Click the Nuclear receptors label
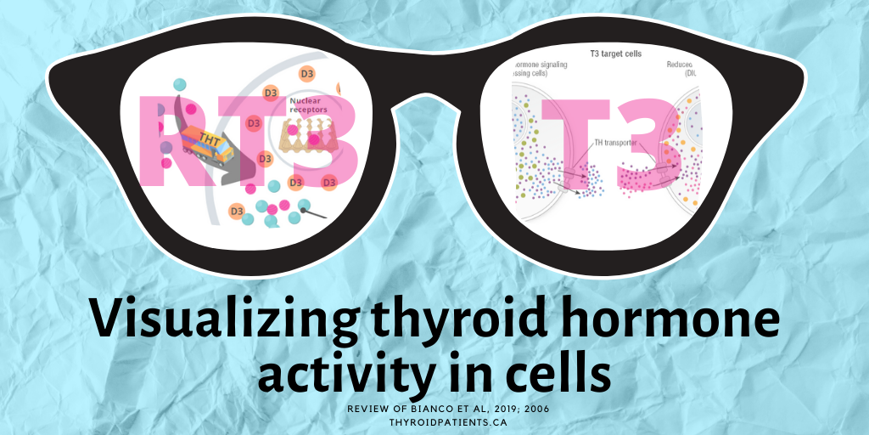(x=310, y=105)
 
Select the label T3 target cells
(x=615, y=54)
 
